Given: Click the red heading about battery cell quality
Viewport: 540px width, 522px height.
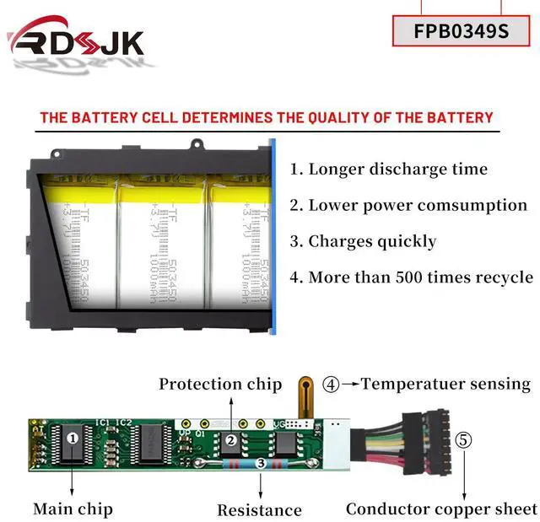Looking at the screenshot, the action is pos(266,117).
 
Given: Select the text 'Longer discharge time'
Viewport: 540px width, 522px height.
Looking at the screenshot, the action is pos(389,169).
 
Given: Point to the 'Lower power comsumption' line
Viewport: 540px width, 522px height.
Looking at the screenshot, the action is pos(408,205).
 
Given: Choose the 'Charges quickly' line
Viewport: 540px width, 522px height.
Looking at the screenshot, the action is pos(363,241).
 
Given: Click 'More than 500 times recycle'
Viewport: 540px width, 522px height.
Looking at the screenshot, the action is pos(411,277).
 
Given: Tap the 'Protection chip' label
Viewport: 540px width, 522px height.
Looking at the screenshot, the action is pos(220,384).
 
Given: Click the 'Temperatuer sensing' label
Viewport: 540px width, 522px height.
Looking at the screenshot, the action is pos(445,384).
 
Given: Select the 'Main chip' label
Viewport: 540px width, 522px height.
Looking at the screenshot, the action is pos(73,509).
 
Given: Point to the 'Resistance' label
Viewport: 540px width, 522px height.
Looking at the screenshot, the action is pos(259,509).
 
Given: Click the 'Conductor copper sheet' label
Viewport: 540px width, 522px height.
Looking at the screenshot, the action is pos(441,509).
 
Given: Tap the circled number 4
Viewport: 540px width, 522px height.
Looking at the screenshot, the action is pos(332,385).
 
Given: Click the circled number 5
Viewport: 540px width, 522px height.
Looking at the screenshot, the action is pos(464,440).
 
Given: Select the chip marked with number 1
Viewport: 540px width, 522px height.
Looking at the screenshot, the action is pos(73,438).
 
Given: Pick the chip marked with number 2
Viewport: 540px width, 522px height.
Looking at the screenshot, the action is pos(229,439).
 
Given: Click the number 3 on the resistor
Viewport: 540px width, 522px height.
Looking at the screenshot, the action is pos(260,463).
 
